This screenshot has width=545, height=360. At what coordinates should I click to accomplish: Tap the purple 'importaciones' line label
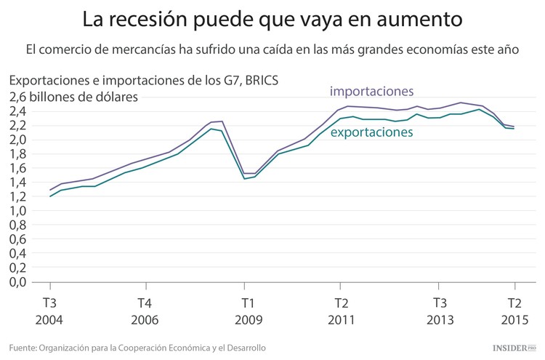pyautogui.click(x=371, y=92)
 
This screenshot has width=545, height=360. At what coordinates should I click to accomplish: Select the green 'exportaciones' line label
pyautogui.click(x=371, y=132)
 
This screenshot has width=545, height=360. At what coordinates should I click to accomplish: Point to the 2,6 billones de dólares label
pyautogui.click(x=74, y=97)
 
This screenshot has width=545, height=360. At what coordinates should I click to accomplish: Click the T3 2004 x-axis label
pyautogui.click(x=50, y=311)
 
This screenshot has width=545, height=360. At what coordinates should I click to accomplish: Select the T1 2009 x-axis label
pyautogui.click(x=248, y=311)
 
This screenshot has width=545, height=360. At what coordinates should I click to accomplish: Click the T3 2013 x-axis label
pyautogui.click(x=440, y=311)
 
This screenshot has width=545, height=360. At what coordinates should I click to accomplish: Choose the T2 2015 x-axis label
pyautogui.click(x=514, y=311)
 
